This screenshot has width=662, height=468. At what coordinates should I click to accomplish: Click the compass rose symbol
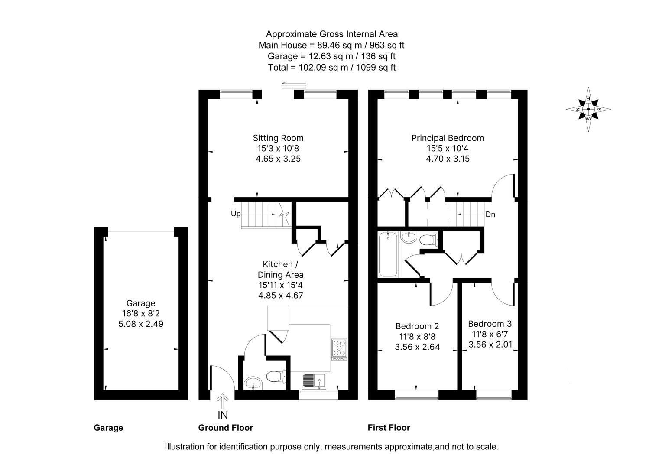click(588, 109)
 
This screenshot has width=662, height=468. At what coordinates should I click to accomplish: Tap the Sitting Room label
click(278, 138)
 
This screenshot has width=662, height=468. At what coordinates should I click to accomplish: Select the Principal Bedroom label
click(448, 138)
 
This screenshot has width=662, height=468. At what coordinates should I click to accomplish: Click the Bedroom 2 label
click(417, 326)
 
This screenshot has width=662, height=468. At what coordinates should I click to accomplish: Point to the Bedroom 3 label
click(490, 324)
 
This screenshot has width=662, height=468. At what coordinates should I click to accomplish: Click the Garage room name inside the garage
click(141, 303)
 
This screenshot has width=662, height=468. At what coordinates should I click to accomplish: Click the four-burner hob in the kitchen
click(339, 349)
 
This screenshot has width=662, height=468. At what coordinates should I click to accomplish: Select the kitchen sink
click(314, 380)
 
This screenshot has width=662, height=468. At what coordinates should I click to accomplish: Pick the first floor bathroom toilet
click(429, 239)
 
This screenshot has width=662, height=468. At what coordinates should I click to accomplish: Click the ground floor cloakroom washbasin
click(253, 383)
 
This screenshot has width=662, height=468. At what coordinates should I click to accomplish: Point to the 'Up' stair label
click(236, 214)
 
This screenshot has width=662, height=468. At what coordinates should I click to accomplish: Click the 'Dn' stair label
click(490, 214)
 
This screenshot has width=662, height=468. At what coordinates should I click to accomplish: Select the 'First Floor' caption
click(389, 428)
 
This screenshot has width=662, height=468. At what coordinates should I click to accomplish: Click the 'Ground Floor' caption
click(225, 428)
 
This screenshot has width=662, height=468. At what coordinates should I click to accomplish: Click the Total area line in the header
click(331, 67)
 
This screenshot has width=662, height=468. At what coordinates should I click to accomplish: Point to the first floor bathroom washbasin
click(408, 237)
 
